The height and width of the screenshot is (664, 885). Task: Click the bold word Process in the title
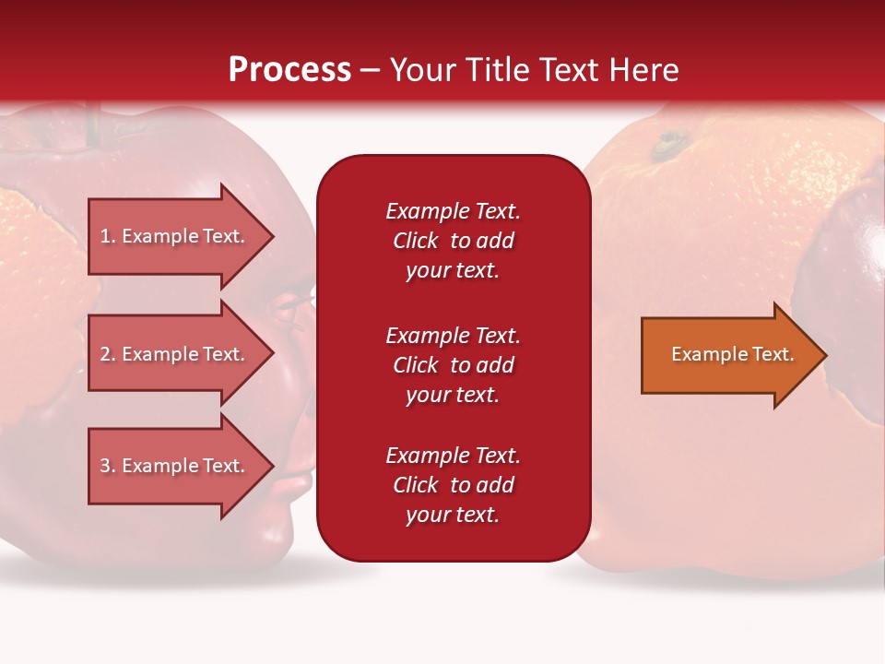coord(289,70)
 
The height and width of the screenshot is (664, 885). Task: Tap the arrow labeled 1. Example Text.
coord(175,236)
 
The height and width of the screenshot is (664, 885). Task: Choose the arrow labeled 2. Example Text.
coord(175,354)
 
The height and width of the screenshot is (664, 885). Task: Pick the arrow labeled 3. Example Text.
coord(175,466)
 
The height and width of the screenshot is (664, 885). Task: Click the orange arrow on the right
coord(728,355)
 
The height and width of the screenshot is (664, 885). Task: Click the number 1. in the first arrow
coord(108,236)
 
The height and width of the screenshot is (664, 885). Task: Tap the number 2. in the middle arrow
coord(108,354)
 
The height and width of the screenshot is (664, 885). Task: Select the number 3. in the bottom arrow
coord(108,466)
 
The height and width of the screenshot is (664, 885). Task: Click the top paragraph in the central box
coord(453,241)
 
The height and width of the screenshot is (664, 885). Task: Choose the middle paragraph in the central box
coord(453,365)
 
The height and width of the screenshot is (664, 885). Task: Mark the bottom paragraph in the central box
coord(453,485)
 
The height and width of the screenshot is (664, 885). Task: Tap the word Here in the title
coord(646,70)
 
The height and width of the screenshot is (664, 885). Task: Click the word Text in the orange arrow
coord(774,354)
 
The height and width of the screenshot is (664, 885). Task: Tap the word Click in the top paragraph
coord(416,241)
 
